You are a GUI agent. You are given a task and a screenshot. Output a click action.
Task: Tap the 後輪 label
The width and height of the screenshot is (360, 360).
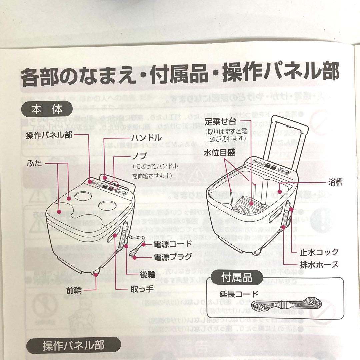coord(147,274)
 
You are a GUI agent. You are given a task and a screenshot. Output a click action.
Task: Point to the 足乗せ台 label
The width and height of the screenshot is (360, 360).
coord(223,122)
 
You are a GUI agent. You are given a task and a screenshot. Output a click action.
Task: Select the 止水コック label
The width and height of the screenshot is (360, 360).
coord(318,252)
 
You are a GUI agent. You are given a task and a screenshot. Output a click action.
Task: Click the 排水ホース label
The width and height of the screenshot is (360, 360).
coord(318,265)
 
